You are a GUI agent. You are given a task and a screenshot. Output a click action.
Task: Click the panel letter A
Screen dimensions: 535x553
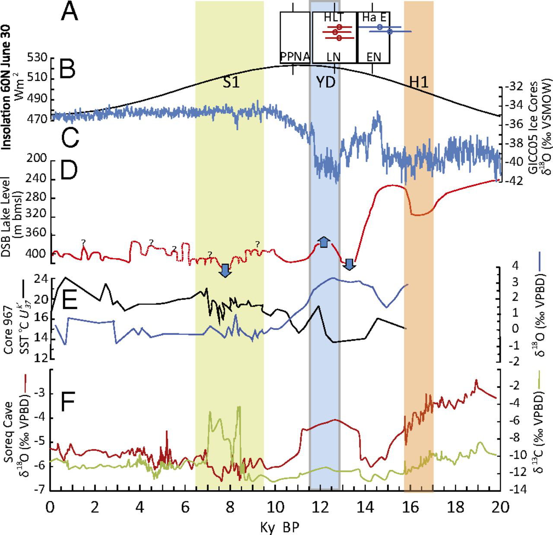coord(69,12)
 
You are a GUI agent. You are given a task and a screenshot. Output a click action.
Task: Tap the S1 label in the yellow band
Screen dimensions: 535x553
coord(231,82)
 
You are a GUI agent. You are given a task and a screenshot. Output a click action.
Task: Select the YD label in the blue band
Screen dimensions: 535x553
coord(325,82)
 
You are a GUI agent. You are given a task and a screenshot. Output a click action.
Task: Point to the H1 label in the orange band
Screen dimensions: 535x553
coord(419,82)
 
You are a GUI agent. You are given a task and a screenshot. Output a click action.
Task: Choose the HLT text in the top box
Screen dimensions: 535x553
coord(334,18)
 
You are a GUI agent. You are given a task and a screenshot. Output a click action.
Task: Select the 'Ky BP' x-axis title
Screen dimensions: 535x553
coord(280,527)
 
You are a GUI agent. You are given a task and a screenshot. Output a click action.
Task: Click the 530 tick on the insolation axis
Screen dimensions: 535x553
coord(38,58)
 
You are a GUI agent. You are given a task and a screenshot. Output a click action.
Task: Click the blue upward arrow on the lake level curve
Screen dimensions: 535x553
coord(324,242)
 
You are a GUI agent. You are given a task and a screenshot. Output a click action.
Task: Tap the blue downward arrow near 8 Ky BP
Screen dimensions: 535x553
coord(225,270)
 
